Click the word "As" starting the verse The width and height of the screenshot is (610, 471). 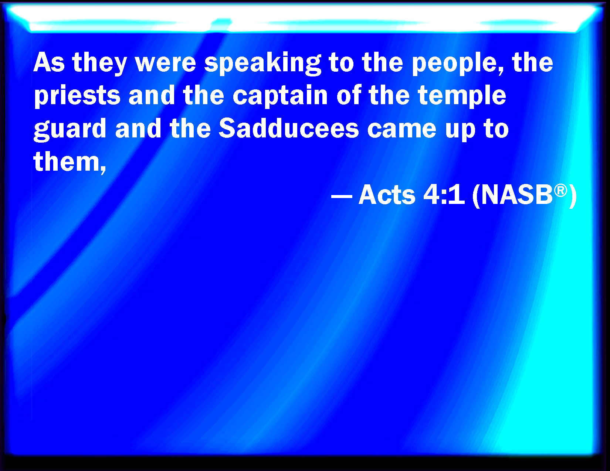point(49,62)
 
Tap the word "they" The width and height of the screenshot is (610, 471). point(99,64)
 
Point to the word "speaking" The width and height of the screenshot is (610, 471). point(262,64)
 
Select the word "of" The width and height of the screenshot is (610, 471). point(349,95)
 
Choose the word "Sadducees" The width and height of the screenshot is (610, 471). point(289,128)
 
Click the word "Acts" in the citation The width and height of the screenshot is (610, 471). point(387,194)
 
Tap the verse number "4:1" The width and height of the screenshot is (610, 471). point(444,194)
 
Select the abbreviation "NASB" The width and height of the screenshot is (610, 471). point(517,194)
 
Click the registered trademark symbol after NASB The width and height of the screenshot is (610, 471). point(560,191)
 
